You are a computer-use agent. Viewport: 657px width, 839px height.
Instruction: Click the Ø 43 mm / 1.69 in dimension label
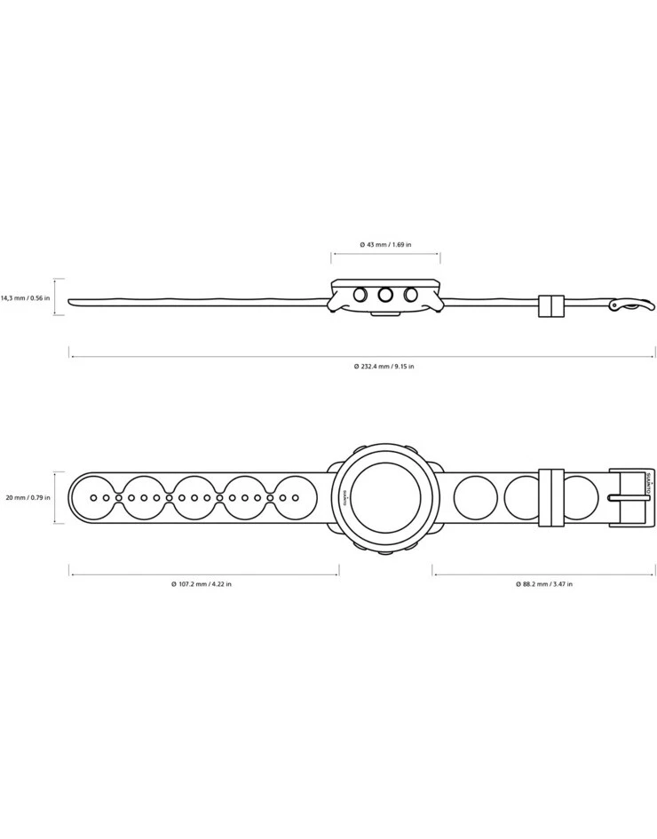[x=385, y=244]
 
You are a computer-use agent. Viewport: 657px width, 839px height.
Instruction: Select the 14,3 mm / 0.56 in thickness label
[x=26, y=298]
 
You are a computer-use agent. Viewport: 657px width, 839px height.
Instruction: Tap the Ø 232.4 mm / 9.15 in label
[x=384, y=366]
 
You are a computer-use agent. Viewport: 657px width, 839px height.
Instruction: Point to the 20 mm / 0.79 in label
[x=26, y=497]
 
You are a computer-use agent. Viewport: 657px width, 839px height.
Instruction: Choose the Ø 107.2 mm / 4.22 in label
[x=202, y=584]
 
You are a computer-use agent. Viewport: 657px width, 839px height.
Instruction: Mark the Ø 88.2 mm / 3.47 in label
[x=543, y=584]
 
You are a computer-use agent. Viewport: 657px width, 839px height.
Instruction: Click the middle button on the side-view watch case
[x=385, y=296]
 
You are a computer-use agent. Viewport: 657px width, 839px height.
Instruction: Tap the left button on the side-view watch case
[x=360, y=295]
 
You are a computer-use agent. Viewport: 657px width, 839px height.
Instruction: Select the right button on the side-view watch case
[x=411, y=295]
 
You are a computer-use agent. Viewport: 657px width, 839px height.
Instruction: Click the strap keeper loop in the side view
[x=551, y=305]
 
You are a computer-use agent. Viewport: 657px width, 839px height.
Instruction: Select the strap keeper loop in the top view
[x=551, y=498]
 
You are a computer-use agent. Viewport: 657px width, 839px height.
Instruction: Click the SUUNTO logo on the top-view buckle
[x=648, y=487]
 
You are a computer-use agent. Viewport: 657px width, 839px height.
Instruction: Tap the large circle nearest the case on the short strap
[x=474, y=498]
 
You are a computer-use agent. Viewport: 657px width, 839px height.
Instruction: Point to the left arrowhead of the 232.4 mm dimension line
[x=72, y=357]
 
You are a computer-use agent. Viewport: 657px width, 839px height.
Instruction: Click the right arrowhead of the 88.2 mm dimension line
[x=653, y=574]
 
